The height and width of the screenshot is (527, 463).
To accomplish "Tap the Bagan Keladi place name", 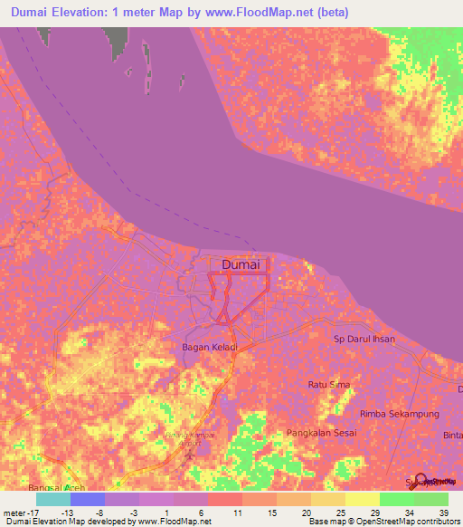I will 210,347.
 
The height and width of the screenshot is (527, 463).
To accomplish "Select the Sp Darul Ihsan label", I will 363,338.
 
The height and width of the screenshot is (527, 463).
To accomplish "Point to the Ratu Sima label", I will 329,385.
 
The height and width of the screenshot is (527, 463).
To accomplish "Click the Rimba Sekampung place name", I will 399,414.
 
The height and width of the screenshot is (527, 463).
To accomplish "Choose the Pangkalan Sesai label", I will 322,434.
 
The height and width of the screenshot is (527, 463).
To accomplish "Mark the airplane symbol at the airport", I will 189,453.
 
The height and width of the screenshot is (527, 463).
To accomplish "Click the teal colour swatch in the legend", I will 53,499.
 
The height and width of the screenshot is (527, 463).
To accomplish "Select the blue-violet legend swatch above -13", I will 88,499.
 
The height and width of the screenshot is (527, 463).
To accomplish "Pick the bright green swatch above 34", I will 397,499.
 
